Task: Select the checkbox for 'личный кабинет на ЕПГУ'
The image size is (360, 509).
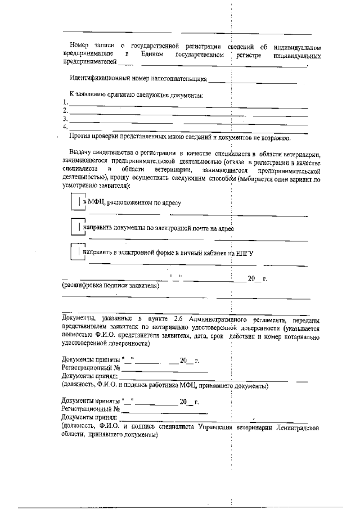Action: (x=76, y=252)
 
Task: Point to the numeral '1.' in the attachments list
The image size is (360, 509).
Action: (x=65, y=102)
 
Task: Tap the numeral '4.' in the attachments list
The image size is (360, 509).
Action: (x=65, y=127)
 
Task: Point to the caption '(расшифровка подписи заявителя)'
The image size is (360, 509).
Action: (x=110, y=286)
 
